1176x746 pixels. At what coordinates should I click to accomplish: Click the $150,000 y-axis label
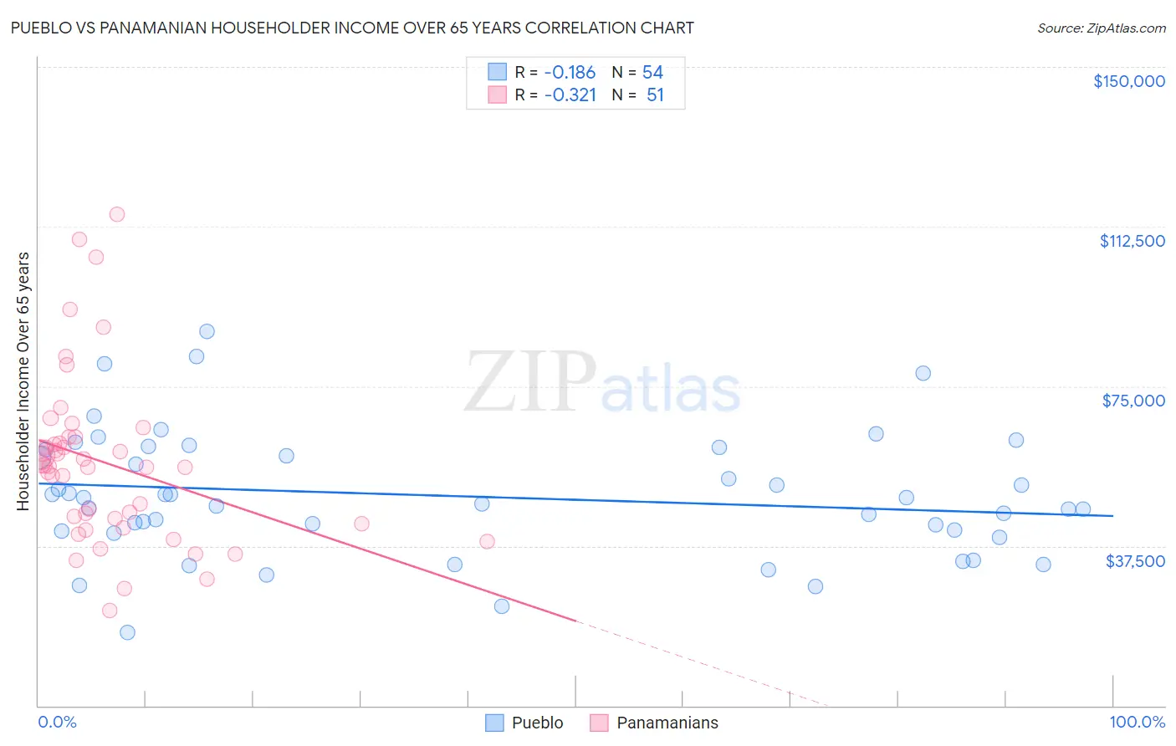(x=1128, y=81)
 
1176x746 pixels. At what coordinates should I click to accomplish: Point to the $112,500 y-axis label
(x=1132, y=241)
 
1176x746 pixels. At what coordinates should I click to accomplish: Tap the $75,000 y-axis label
(x=1133, y=401)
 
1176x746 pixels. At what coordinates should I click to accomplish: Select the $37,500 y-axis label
(x=1135, y=561)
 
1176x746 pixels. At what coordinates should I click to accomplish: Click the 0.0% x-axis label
(x=57, y=723)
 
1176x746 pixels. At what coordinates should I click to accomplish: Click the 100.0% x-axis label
(x=1137, y=723)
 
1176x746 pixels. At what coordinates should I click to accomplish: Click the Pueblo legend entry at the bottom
(x=537, y=723)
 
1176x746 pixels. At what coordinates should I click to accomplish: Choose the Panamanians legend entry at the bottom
(x=667, y=723)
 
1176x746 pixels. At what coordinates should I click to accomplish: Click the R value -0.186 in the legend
(x=569, y=73)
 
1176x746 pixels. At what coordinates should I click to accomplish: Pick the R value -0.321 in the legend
(x=570, y=95)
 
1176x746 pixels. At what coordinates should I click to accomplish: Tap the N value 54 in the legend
(x=652, y=73)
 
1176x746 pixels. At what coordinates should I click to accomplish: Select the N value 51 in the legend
(x=655, y=95)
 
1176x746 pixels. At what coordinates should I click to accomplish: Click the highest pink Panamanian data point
(x=117, y=214)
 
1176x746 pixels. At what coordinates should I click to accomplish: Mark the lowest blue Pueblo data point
(x=127, y=632)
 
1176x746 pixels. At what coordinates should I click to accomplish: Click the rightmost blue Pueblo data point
(x=1083, y=508)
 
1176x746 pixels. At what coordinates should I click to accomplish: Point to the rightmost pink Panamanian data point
(x=487, y=541)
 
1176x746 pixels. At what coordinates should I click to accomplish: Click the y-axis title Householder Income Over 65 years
(x=23, y=381)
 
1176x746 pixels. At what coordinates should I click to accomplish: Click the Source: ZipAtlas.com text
(x=1101, y=28)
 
